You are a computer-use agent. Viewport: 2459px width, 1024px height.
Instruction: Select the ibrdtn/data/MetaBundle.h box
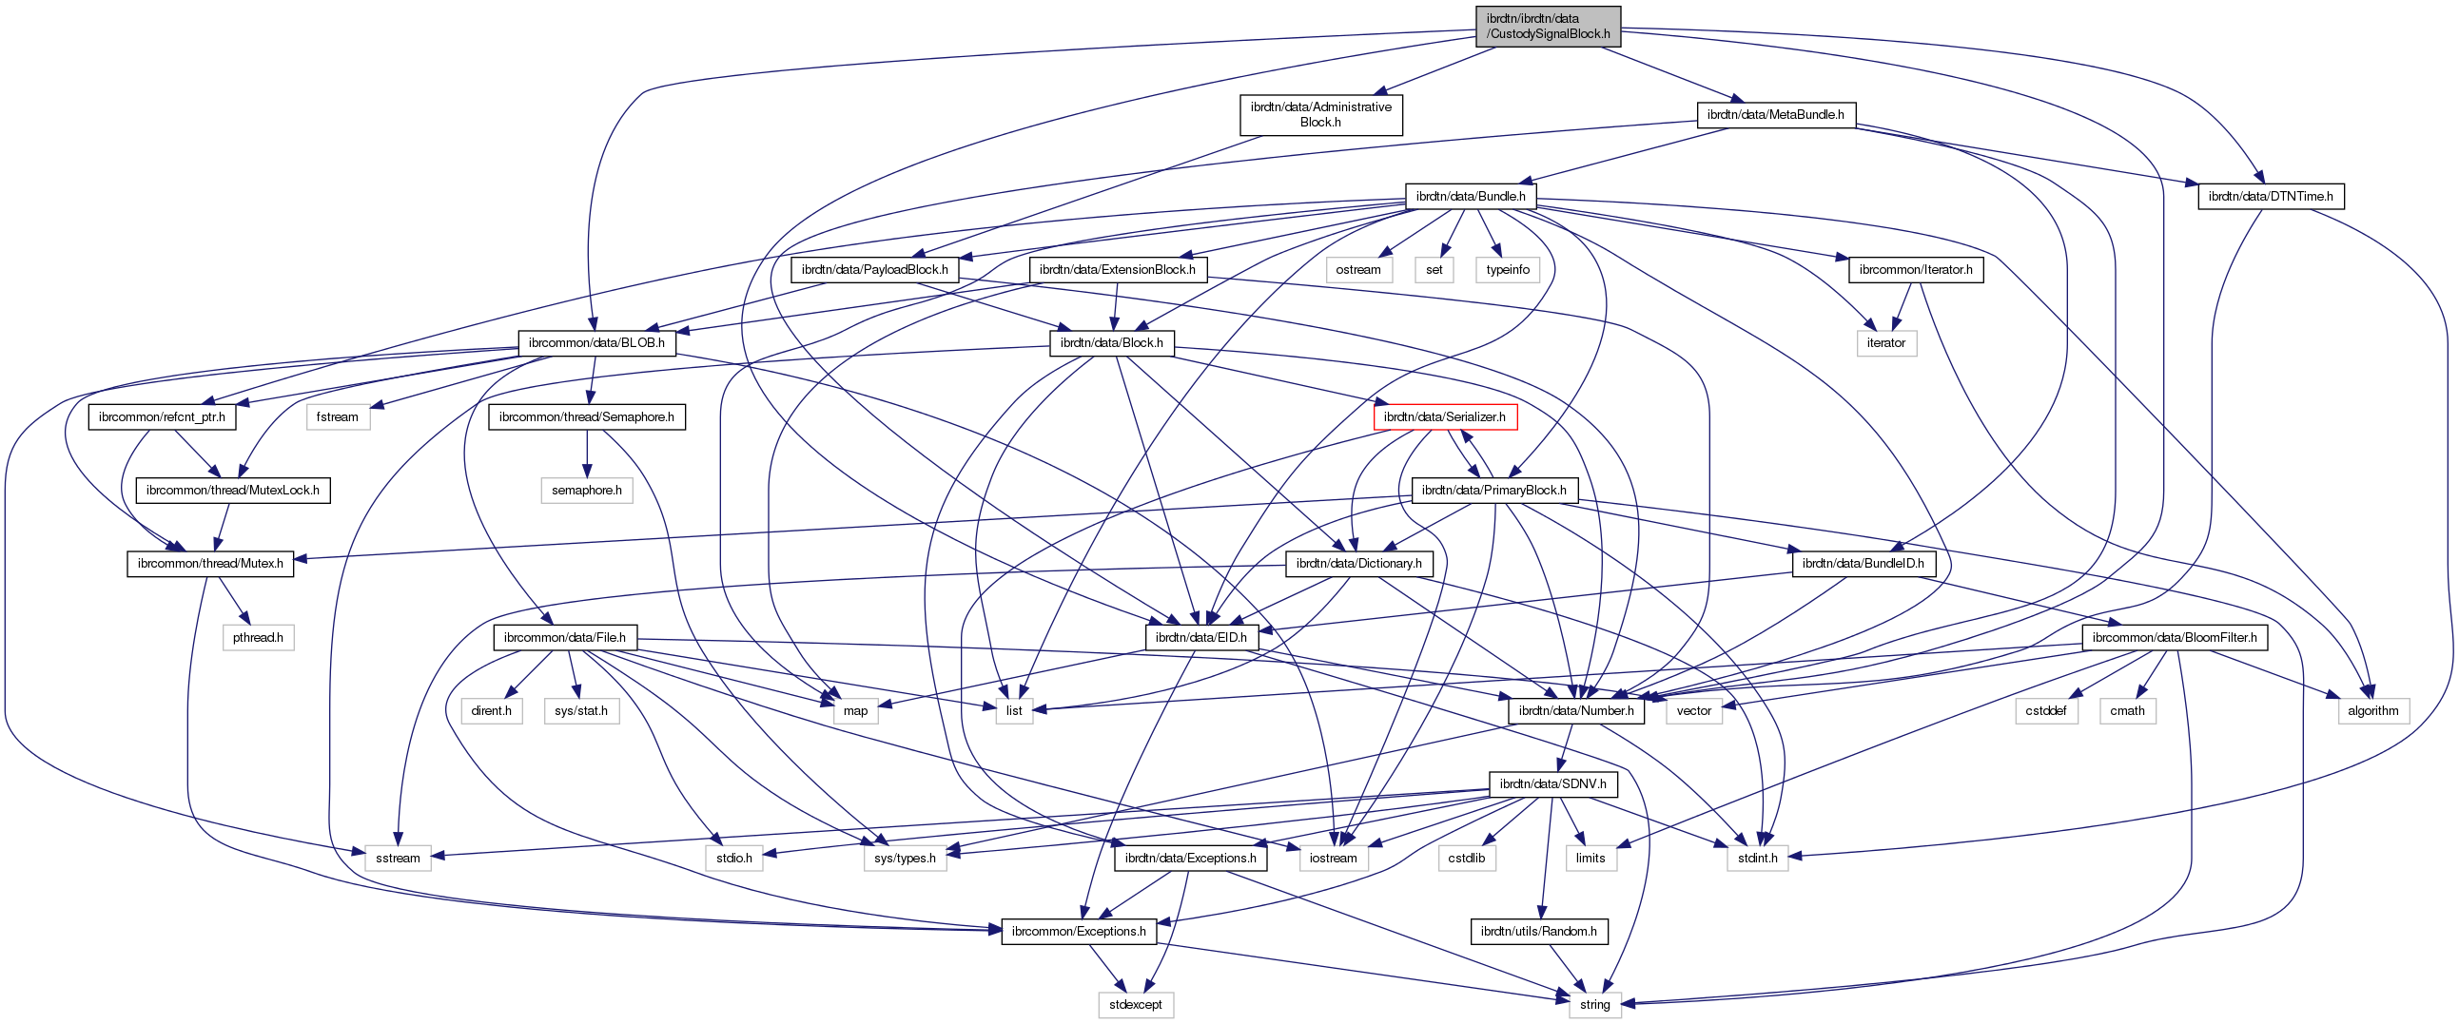click(1775, 114)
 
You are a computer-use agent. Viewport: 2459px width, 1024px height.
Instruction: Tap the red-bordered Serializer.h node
click(1444, 417)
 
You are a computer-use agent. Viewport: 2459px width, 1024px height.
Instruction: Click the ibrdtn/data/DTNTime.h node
click(2270, 197)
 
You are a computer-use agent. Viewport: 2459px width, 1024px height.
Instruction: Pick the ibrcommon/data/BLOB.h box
click(596, 342)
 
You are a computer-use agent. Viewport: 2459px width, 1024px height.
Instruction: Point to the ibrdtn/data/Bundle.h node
click(1470, 197)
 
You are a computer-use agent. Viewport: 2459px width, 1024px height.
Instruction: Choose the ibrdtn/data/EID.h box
click(1200, 636)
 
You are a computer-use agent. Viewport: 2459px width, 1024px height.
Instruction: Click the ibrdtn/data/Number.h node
click(1576, 710)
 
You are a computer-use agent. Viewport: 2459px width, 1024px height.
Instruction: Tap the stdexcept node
click(1136, 1004)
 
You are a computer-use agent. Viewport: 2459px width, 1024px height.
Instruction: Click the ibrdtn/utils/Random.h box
click(1539, 932)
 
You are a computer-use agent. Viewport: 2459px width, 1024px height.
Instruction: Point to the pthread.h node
click(258, 636)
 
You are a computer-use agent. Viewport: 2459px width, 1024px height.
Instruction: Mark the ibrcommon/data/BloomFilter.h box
click(2175, 636)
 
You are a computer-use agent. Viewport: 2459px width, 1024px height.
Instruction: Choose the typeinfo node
click(1509, 269)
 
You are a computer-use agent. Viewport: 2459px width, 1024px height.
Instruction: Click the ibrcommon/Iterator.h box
click(1916, 269)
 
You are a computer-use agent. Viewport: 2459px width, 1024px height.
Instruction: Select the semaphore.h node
click(587, 490)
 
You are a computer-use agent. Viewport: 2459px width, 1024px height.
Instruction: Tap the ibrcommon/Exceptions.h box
click(1079, 932)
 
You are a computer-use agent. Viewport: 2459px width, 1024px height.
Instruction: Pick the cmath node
click(2127, 710)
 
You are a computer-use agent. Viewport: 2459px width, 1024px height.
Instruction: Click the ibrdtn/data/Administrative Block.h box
click(1321, 114)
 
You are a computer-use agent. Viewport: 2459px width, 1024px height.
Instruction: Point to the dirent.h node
click(492, 710)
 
